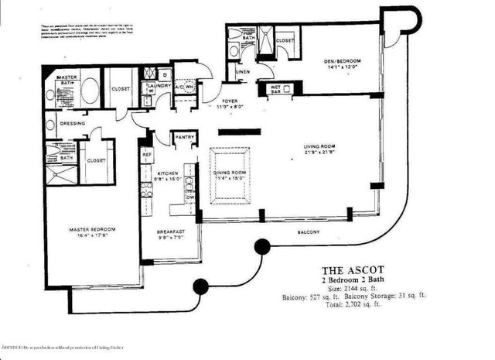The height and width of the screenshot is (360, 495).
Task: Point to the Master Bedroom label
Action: click(92, 230)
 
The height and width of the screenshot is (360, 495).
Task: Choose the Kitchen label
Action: click(169, 173)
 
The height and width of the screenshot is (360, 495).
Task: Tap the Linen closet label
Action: click(241, 72)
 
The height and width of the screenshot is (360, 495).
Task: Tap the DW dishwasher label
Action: click(190, 197)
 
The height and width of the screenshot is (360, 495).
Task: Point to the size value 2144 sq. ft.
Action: click(363, 287)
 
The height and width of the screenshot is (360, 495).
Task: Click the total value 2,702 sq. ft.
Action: click(363, 304)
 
